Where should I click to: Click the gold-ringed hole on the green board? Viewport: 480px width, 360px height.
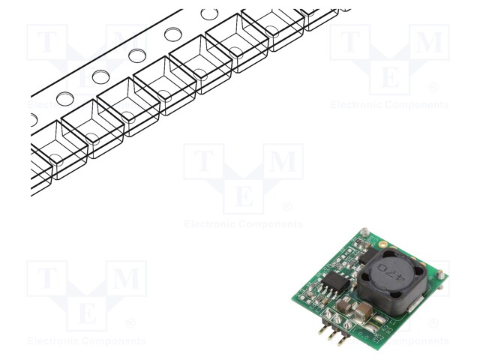coord(382,244)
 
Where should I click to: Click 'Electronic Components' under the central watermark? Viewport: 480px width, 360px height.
coord(243,223)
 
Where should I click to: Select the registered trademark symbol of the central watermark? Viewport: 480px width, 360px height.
coord(286,206)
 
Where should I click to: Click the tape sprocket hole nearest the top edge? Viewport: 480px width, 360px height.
coord(210,13)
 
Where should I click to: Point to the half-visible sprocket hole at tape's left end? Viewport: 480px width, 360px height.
coord(32,118)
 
